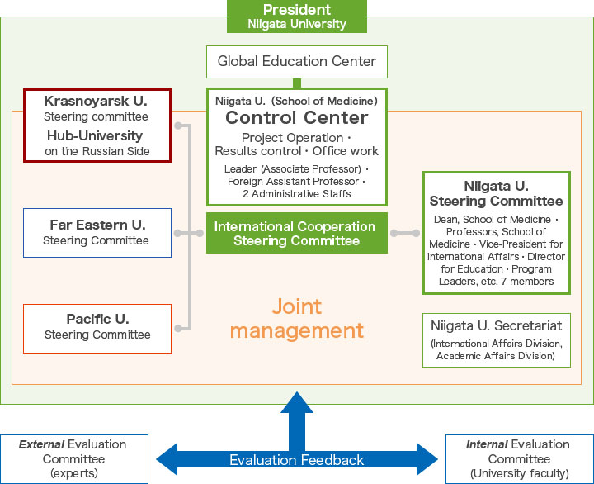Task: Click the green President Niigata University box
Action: click(297, 17)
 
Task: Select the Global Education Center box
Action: click(297, 61)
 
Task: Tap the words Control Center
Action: click(296, 118)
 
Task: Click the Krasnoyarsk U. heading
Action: click(96, 102)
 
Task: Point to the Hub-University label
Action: click(94, 135)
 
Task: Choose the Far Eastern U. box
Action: click(97, 232)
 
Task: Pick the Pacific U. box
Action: click(97, 327)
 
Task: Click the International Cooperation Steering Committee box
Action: click(296, 234)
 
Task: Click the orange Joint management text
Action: click(296, 319)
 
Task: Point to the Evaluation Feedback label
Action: click(296, 460)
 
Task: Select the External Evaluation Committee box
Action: click(74, 458)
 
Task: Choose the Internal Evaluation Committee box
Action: click(519, 458)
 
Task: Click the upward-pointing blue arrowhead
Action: click(297, 402)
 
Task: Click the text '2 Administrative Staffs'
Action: click(296, 193)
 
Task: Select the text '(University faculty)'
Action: click(519, 473)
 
